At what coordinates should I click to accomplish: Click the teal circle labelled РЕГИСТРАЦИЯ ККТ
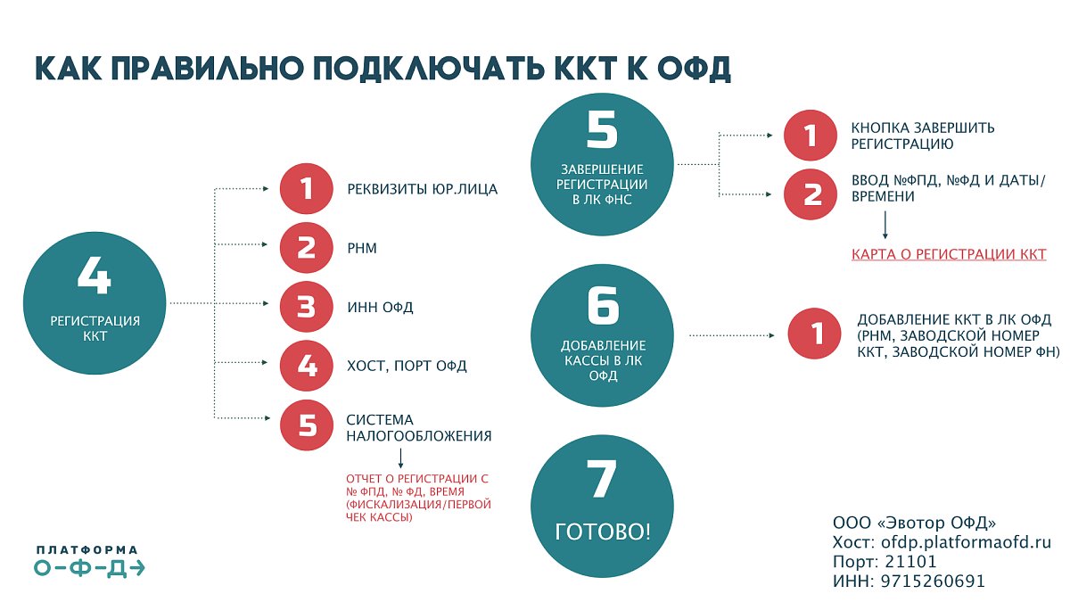coord(94,303)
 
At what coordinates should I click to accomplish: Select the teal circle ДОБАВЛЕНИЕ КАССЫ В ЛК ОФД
coord(603,336)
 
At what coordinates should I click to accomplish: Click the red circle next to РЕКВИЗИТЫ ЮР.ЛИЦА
coord(306,189)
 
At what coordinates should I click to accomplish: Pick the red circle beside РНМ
coord(306,247)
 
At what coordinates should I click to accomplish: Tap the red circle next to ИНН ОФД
coord(306,307)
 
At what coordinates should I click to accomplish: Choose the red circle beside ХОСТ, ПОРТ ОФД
coord(306,365)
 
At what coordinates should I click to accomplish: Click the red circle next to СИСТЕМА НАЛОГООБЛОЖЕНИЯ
coord(306,425)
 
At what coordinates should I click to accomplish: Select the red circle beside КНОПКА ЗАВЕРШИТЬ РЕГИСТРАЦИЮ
coord(810,136)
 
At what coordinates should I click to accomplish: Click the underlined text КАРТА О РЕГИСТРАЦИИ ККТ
coord(949,255)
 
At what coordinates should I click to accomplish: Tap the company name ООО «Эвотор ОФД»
coord(914,523)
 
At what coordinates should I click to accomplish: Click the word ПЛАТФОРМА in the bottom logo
coord(87,550)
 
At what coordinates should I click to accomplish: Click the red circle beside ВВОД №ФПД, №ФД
coord(810,194)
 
